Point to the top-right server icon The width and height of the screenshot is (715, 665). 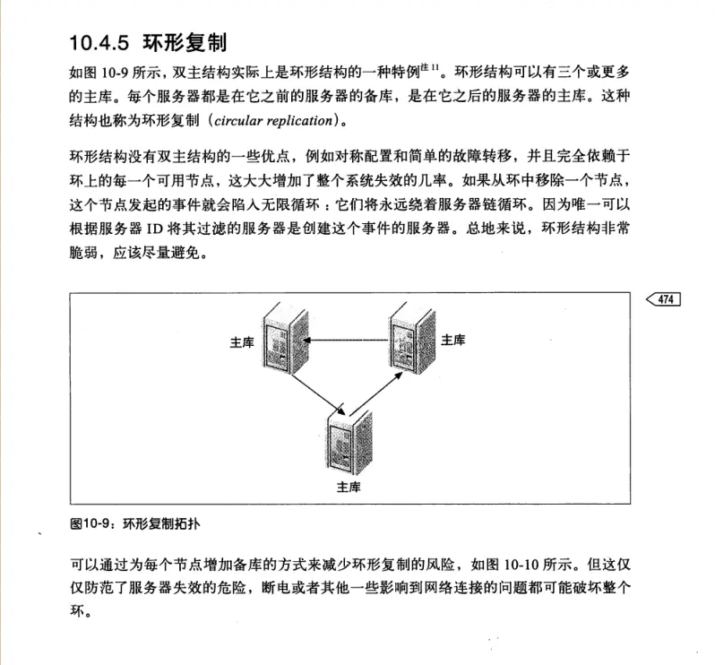tap(413, 340)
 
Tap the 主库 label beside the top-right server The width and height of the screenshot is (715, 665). tap(453, 340)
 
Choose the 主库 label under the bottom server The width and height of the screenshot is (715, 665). tap(349, 487)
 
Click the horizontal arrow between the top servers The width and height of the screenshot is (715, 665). tap(349, 340)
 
